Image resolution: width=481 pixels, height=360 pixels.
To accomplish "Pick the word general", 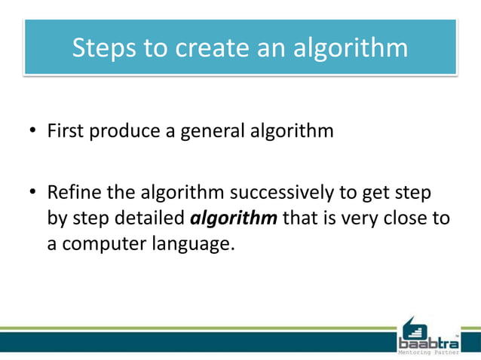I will pos(209,132).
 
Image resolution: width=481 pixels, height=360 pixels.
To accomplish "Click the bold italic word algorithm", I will pos(234,218).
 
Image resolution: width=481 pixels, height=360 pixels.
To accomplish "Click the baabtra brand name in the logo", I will pos(427,343).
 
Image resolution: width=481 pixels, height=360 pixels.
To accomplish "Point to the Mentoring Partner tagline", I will pos(427,352).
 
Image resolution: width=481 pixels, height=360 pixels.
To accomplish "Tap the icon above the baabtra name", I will pos(414,327).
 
